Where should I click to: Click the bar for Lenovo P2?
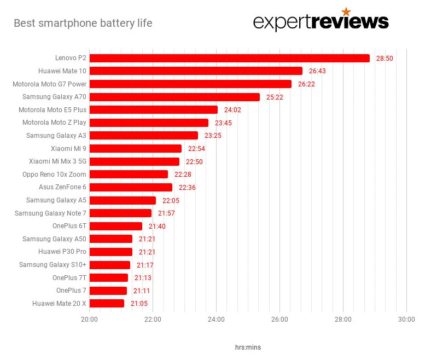[229, 58]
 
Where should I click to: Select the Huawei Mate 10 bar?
[196, 71]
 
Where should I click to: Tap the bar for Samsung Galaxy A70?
[174, 97]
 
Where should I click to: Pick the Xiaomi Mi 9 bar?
[135, 148]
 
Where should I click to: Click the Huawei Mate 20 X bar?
[107, 304]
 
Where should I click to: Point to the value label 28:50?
[385, 58]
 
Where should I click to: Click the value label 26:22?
[306, 84]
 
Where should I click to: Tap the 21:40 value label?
[157, 227]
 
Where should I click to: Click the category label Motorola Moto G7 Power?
[49, 84]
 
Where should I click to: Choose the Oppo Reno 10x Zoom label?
[54, 175]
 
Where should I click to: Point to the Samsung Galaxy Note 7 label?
[50, 213]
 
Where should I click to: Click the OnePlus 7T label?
[69, 278]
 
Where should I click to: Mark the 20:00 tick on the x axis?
[89, 320]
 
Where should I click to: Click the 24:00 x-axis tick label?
[216, 320]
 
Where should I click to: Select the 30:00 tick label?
[406, 320]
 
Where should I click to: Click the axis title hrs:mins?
[248, 347]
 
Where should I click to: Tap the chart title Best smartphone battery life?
[83, 24]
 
